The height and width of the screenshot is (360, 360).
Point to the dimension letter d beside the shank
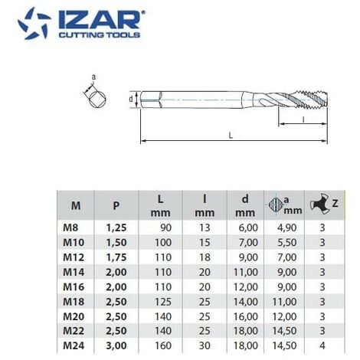131,98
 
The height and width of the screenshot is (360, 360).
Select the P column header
115,205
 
